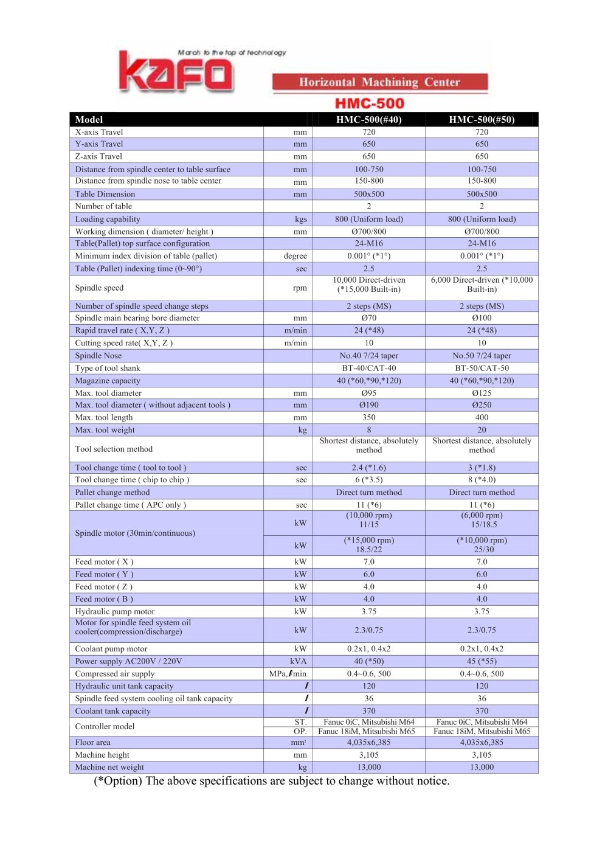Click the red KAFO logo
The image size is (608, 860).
click(x=176, y=72)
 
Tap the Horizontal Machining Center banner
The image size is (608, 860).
click(x=379, y=82)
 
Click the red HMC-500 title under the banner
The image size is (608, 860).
click(x=370, y=103)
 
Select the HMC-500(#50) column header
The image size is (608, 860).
click(x=482, y=120)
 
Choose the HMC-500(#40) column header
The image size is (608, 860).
click(x=368, y=120)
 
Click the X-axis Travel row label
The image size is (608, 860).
click(x=99, y=132)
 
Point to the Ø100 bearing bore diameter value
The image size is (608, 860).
click(x=482, y=318)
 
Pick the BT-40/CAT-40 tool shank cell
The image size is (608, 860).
click(x=368, y=368)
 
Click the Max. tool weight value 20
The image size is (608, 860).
click(x=482, y=430)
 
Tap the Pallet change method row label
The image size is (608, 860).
click(x=112, y=493)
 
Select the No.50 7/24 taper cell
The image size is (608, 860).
click(x=482, y=356)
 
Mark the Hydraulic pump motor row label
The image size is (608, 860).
click(x=115, y=611)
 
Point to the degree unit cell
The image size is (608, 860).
click(x=295, y=256)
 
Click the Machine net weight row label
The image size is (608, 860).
click(x=109, y=768)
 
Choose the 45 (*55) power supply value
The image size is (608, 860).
click(x=482, y=661)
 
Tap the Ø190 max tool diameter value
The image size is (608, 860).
click(x=368, y=405)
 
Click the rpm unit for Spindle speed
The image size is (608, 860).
click(x=300, y=288)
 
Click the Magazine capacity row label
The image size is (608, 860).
click(x=108, y=381)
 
